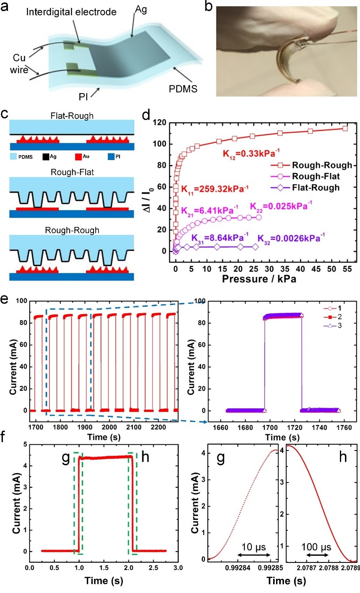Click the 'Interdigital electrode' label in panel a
point(71,12)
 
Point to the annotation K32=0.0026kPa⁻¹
point(291,239)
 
